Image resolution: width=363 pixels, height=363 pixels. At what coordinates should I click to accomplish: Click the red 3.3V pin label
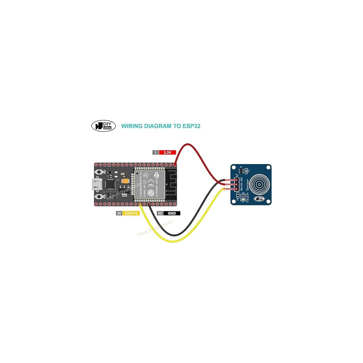click(167, 152)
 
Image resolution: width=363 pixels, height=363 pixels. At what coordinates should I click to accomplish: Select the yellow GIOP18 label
click(131, 213)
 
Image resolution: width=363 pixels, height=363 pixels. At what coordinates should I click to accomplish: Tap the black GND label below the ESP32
click(172, 213)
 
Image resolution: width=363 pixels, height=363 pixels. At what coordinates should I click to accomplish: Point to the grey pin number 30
click(119, 213)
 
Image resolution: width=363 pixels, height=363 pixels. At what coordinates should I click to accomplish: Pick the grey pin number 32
click(160, 213)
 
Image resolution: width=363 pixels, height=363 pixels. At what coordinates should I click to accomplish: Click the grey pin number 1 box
click(155, 152)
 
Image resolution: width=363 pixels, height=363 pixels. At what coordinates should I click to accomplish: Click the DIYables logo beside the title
click(103, 126)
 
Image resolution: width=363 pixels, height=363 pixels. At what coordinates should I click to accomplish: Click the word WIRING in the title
click(131, 126)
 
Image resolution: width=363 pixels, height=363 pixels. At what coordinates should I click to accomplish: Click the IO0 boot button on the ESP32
click(99, 197)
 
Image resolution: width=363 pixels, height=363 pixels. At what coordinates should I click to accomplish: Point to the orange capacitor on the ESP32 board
click(126, 182)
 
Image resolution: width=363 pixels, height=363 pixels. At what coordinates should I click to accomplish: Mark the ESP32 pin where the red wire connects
click(175, 165)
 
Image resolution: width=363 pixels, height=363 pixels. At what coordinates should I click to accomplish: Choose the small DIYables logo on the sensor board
click(259, 199)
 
